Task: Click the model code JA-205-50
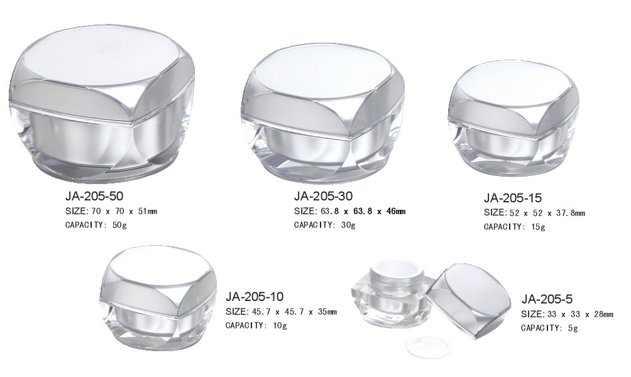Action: tap(94, 196)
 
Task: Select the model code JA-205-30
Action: tap(323, 196)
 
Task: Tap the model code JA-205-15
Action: tap(513, 198)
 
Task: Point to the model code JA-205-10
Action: tap(255, 297)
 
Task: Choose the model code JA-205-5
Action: tap(547, 299)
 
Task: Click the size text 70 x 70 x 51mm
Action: tap(124, 211)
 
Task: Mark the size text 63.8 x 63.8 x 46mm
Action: tap(363, 211)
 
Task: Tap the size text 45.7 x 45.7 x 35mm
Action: tap(294, 312)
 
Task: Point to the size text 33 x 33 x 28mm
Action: tap(581, 314)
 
